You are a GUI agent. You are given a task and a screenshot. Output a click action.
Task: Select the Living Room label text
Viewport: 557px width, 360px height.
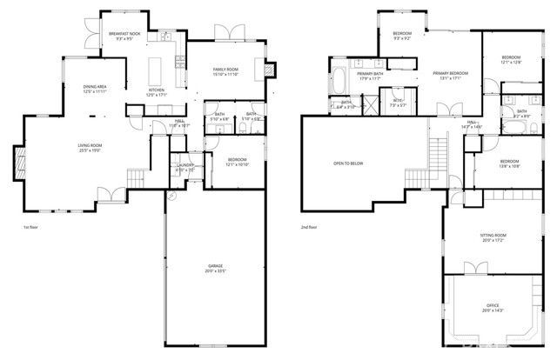click(x=90, y=145)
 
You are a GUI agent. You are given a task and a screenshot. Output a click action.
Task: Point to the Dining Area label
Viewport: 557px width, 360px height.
click(x=96, y=87)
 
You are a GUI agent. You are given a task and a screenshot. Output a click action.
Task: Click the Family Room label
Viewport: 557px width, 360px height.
click(x=226, y=69)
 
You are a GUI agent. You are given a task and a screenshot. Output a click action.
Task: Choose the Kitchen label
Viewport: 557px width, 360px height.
click(x=156, y=90)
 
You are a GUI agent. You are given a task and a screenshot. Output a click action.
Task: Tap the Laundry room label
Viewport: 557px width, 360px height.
click(x=185, y=164)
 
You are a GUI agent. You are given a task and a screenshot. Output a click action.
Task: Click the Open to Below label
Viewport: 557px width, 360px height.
click(x=347, y=163)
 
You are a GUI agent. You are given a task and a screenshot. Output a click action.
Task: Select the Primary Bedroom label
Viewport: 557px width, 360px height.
click(x=451, y=73)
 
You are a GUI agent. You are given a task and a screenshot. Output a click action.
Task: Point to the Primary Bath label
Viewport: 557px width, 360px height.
click(x=370, y=74)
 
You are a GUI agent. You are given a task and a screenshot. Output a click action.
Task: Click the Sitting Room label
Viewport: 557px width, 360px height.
click(x=493, y=236)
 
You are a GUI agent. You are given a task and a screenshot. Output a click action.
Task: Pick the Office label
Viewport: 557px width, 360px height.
click(x=493, y=305)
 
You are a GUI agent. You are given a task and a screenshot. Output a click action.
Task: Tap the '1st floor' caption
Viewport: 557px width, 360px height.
click(x=30, y=227)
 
